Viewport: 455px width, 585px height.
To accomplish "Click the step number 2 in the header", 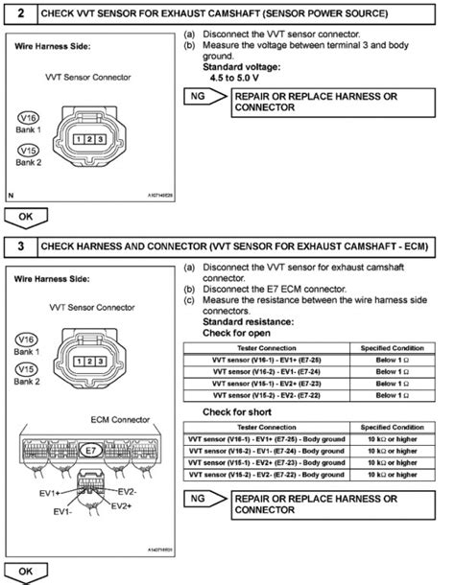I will tap(19, 13).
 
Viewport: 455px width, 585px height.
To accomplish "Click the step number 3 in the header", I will tap(19, 246).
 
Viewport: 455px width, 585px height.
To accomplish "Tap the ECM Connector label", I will tap(92, 419).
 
